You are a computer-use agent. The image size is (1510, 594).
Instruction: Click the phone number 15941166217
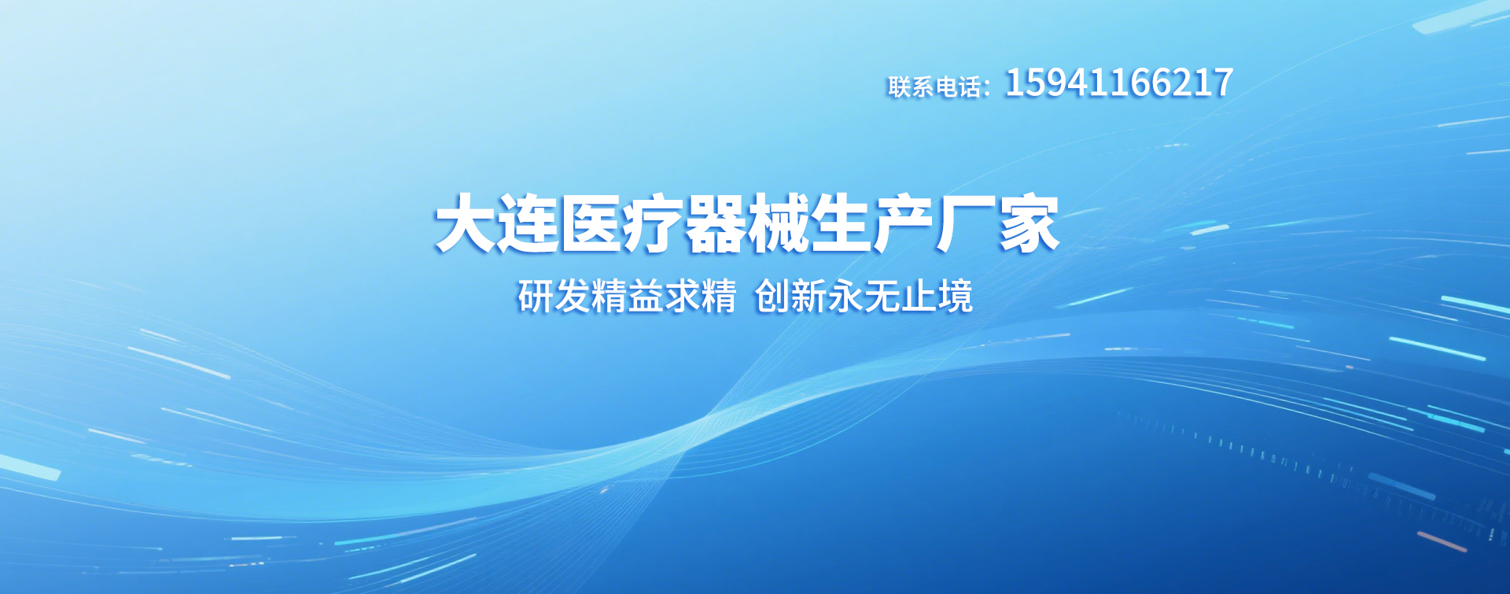click(x=1118, y=83)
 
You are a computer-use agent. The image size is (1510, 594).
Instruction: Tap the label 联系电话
click(x=934, y=87)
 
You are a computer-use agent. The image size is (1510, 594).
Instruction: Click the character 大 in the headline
click(x=466, y=224)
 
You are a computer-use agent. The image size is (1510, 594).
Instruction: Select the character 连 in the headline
click(x=528, y=224)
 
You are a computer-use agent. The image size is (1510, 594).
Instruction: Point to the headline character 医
click(x=591, y=224)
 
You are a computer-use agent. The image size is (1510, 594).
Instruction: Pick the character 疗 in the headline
click(x=653, y=224)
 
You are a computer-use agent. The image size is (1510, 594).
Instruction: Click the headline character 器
click(x=716, y=224)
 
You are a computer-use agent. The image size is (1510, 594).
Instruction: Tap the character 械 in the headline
click(x=778, y=224)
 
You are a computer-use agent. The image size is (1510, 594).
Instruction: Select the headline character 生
click(x=841, y=224)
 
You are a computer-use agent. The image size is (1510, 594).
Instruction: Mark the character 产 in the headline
click(x=903, y=224)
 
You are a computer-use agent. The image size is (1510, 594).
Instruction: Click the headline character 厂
click(x=966, y=224)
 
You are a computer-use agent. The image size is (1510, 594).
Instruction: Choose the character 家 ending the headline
click(x=1029, y=224)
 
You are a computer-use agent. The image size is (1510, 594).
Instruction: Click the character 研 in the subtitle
click(x=536, y=297)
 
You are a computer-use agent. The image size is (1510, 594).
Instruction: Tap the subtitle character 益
click(x=646, y=297)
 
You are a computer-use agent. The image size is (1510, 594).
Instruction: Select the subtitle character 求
click(x=683, y=297)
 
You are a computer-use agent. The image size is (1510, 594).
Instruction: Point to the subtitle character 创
click(x=772, y=297)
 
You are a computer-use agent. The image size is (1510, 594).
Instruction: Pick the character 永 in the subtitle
click(x=845, y=297)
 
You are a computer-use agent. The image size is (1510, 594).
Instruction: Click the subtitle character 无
click(x=882, y=297)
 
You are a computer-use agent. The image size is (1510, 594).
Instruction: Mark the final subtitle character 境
click(x=955, y=297)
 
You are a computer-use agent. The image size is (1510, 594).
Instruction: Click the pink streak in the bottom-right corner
click(x=1442, y=541)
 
